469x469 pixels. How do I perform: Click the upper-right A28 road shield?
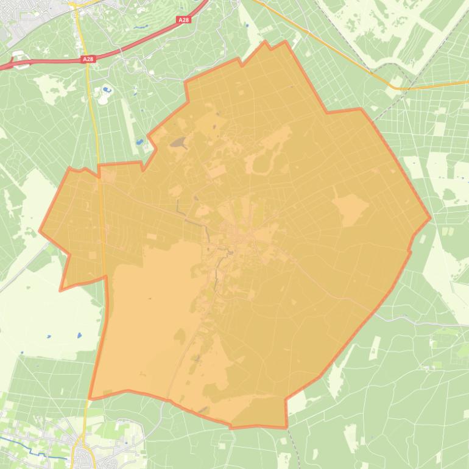(x=183, y=20)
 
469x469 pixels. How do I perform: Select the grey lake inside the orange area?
(x=179, y=144)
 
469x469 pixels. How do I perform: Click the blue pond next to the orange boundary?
(x=139, y=142)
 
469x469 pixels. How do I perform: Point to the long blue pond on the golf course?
(x=141, y=27)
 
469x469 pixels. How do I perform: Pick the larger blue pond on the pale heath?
(x=79, y=335)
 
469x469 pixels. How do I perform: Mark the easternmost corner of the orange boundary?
(x=430, y=217)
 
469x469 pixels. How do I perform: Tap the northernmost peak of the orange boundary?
(x=266, y=42)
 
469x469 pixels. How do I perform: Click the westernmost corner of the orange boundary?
(x=40, y=231)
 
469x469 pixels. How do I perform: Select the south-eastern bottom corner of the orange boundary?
(x=286, y=427)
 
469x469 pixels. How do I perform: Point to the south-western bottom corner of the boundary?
(x=90, y=398)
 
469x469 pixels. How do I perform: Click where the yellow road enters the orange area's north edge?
(x=99, y=166)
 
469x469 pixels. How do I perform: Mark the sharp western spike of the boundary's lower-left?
(x=60, y=290)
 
